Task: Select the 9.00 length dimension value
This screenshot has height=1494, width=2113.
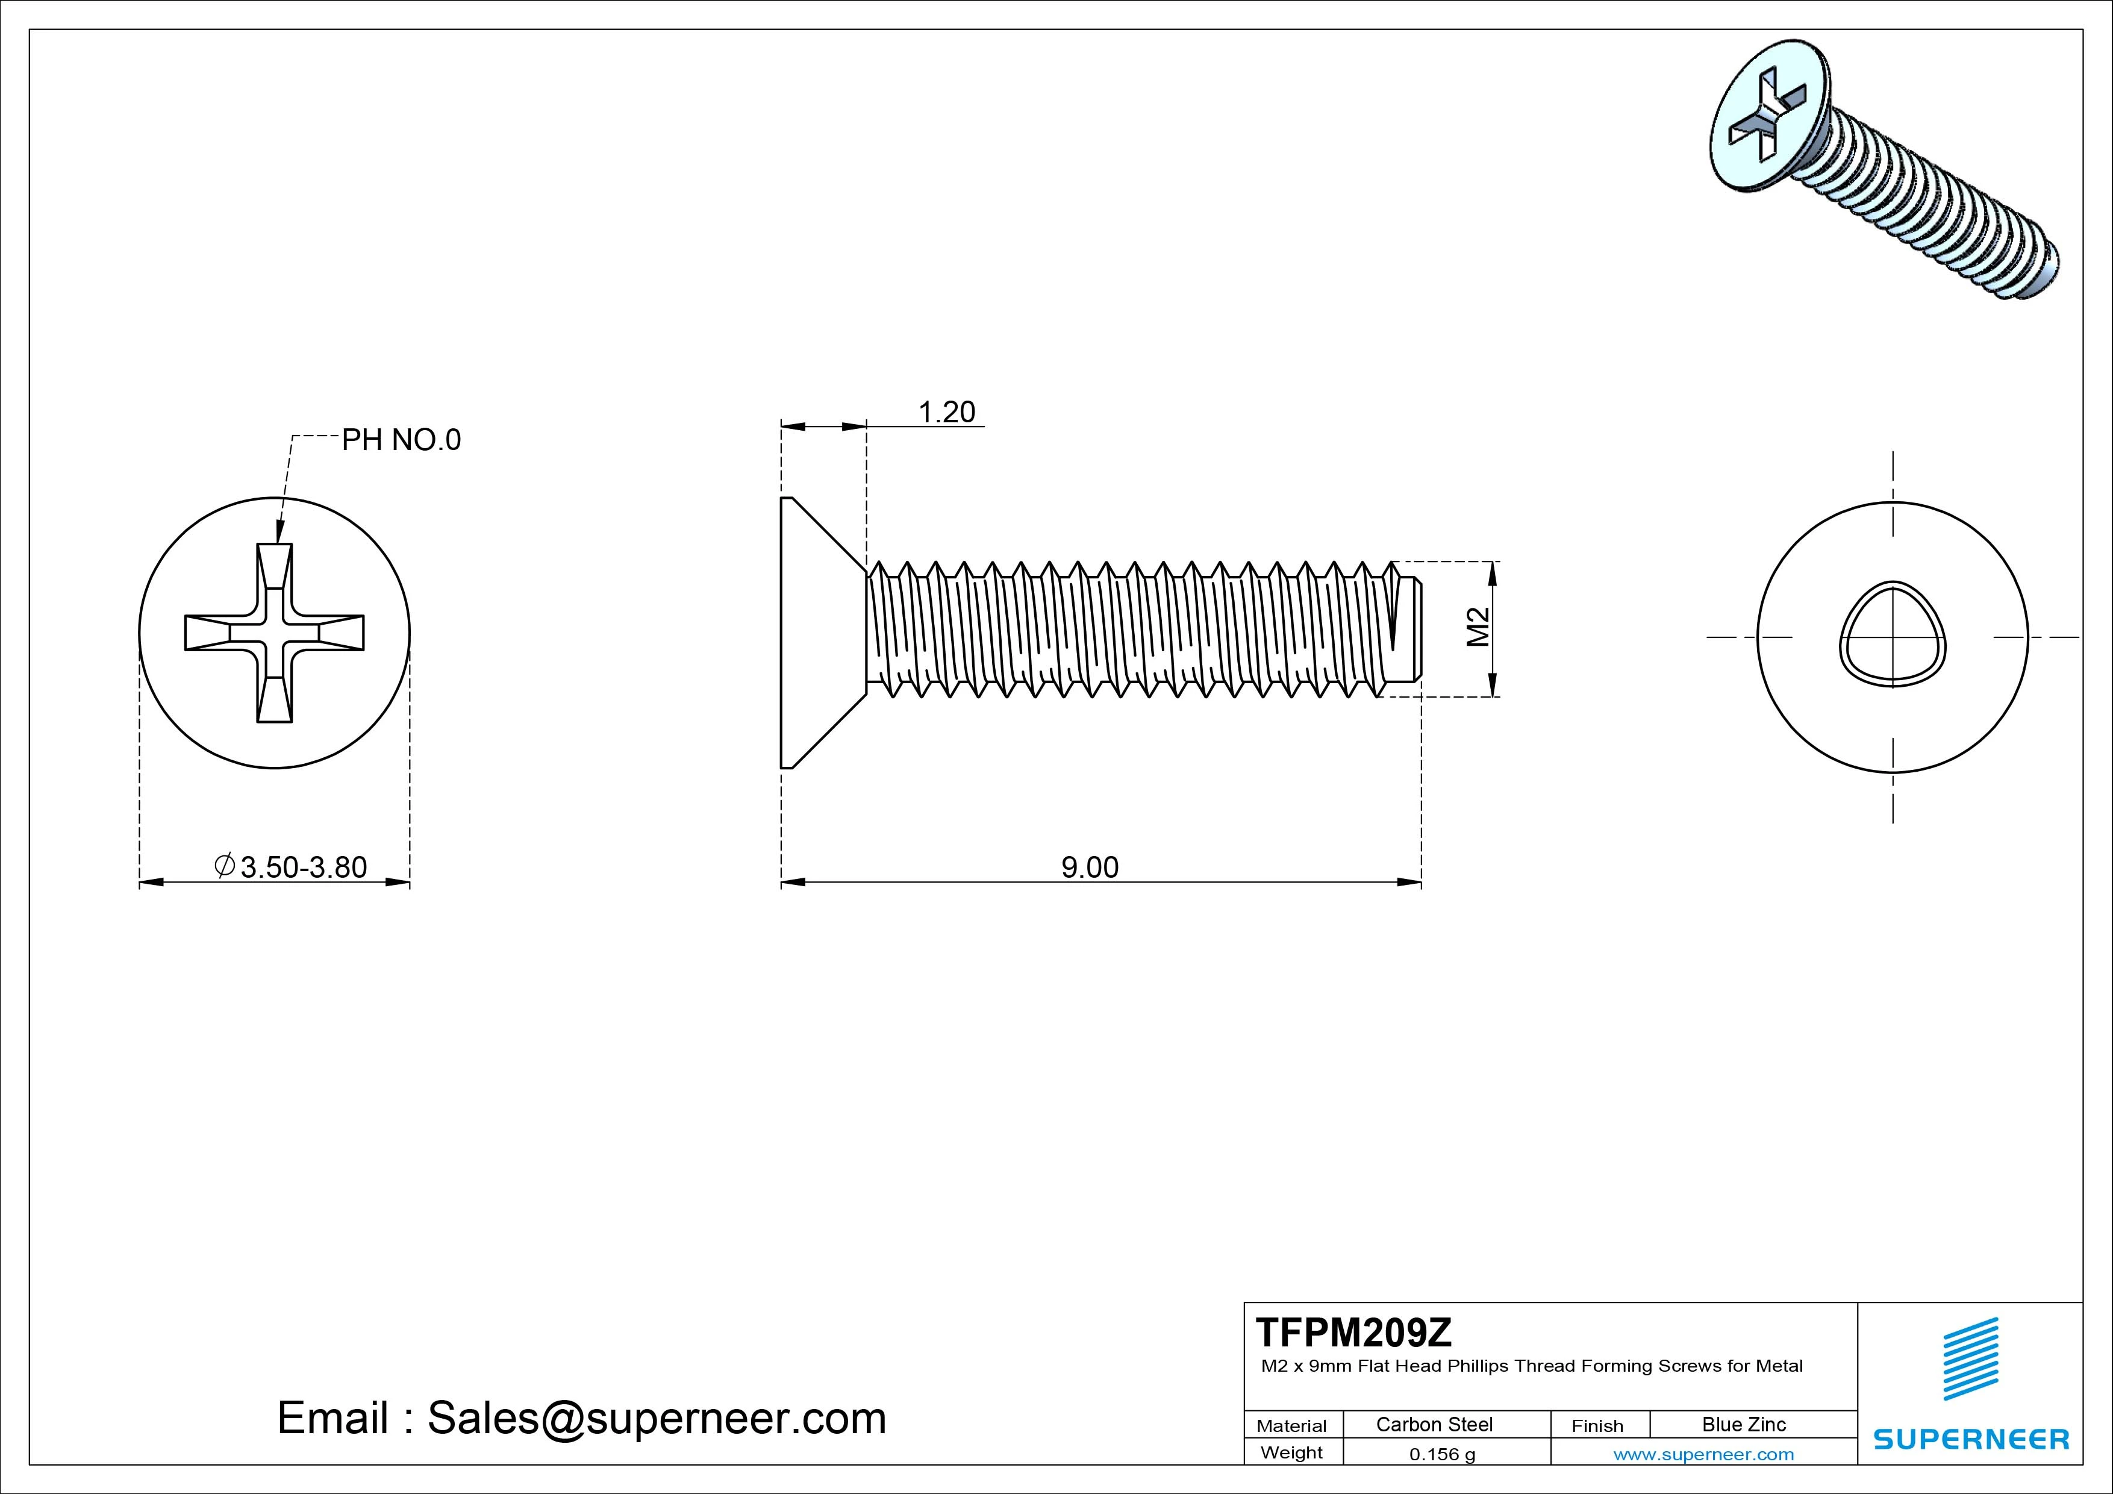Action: tap(1090, 867)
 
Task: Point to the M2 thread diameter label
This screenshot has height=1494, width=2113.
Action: tap(1477, 628)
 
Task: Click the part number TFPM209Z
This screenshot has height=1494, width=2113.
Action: tap(1354, 1332)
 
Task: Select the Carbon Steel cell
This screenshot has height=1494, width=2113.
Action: tap(1434, 1424)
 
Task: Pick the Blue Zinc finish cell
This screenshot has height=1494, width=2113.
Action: tap(1743, 1424)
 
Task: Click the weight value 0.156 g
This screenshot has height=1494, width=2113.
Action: tap(1442, 1454)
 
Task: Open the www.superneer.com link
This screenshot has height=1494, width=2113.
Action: tap(1703, 1454)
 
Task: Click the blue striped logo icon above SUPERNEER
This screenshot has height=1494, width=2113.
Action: tap(1970, 1358)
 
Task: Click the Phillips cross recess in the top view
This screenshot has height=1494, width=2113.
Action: tap(274, 633)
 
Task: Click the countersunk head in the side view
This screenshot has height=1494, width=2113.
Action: tap(814, 633)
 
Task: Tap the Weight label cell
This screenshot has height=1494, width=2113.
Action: tap(1291, 1452)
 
